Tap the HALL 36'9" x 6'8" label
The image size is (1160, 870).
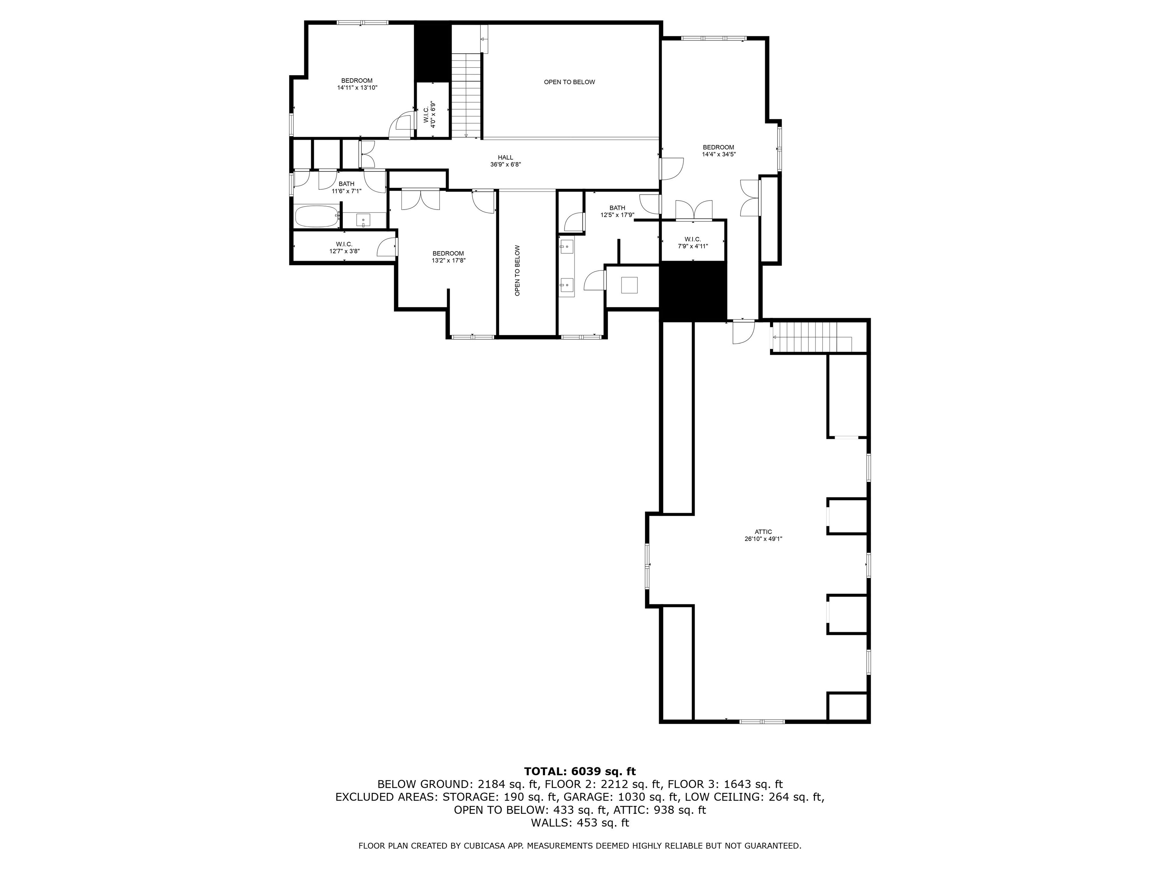505,160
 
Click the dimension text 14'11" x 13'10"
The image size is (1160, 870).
357,88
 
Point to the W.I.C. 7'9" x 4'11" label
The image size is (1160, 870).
692,242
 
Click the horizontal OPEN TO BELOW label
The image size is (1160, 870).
569,82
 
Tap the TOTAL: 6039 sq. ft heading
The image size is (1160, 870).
580,771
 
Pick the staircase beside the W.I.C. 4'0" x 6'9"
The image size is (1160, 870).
466,94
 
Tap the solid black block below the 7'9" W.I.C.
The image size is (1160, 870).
693,291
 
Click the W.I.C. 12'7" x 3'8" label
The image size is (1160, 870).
344,248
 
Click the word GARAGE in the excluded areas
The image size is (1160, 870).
582,797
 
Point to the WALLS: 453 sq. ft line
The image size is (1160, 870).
580,823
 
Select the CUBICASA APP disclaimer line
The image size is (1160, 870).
580,845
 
